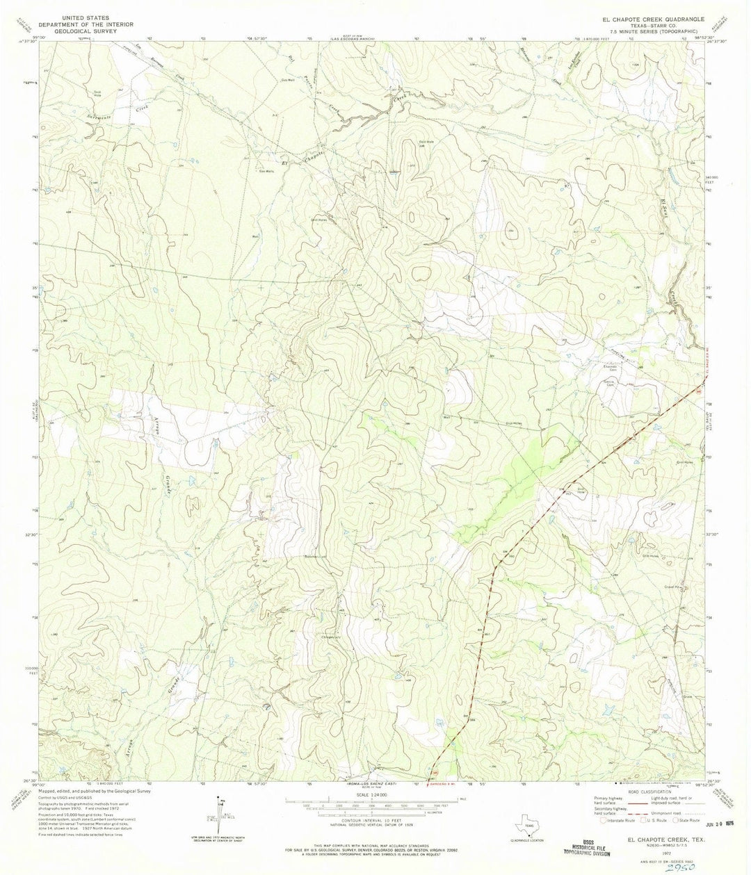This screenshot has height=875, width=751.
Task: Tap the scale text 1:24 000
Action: click(376, 795)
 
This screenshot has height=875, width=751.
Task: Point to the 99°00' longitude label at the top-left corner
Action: click(49, 38)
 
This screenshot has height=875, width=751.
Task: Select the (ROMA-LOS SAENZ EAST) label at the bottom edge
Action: click(376, 783)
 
